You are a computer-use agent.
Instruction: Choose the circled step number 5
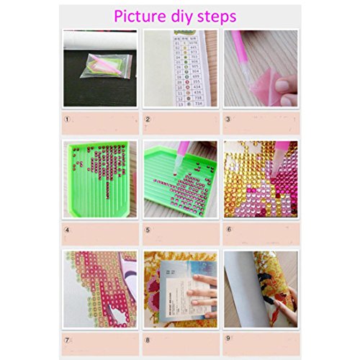point(148,230)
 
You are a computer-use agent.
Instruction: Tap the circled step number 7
point(68,338)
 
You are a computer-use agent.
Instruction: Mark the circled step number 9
point(228,338)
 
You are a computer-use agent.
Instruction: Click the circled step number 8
point(148,338)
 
